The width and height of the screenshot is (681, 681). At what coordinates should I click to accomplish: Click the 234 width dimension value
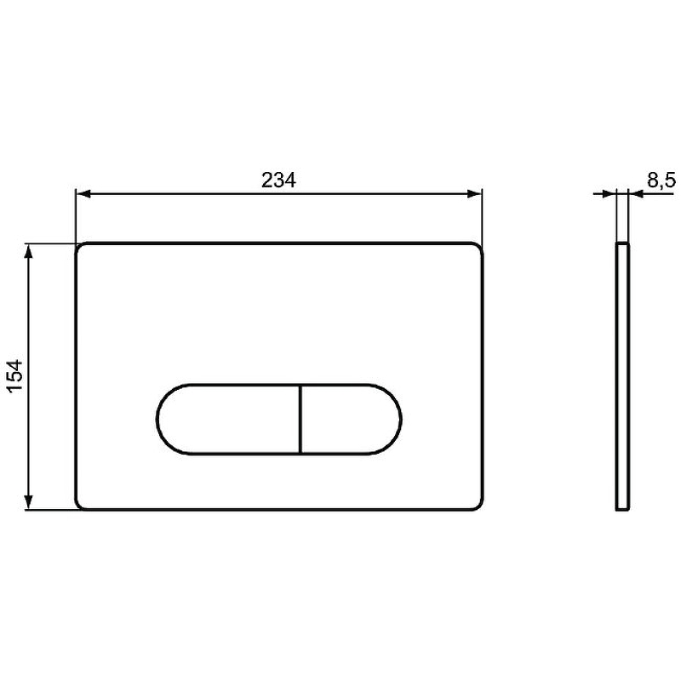tap(278, 180)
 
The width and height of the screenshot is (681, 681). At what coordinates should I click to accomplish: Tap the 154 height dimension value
tap(15, 375)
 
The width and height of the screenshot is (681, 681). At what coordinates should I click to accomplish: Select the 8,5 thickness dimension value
tap(661, 180)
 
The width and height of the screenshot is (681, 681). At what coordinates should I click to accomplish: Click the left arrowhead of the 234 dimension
tap(83, 194)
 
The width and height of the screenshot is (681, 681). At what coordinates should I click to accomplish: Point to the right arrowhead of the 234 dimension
tap(475, 194)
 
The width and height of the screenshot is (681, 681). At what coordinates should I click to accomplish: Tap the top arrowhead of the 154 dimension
tap(29, 251)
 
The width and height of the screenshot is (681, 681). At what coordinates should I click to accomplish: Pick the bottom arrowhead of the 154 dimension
tap(29, 502)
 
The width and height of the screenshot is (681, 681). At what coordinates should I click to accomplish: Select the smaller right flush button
tap(351, 419)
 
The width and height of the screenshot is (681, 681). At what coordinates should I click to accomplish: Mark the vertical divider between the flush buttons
tap(300, 419)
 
